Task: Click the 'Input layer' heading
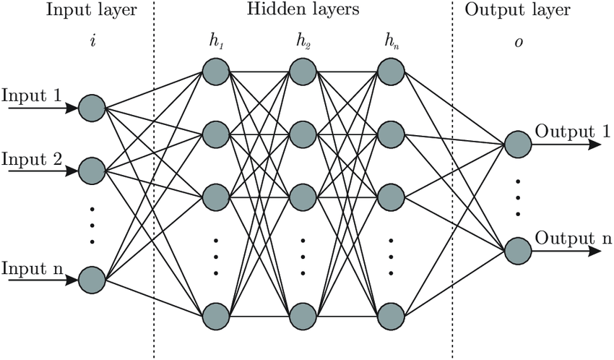(x=91, y=10)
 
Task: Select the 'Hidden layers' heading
(x=303, y=10)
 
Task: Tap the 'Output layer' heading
(x=517, y=10)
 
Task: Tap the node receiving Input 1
(x=92, y=108)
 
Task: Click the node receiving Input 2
(x=92, y=171)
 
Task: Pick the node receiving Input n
(x=92, y=279)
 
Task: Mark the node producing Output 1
(x=518, y=144)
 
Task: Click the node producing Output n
(x=518, y=252)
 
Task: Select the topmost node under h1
(x=215, y=71)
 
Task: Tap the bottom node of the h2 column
(x=303, y=316)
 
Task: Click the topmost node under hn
(x=391, y=71)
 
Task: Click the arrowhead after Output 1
(x=595, y=144)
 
